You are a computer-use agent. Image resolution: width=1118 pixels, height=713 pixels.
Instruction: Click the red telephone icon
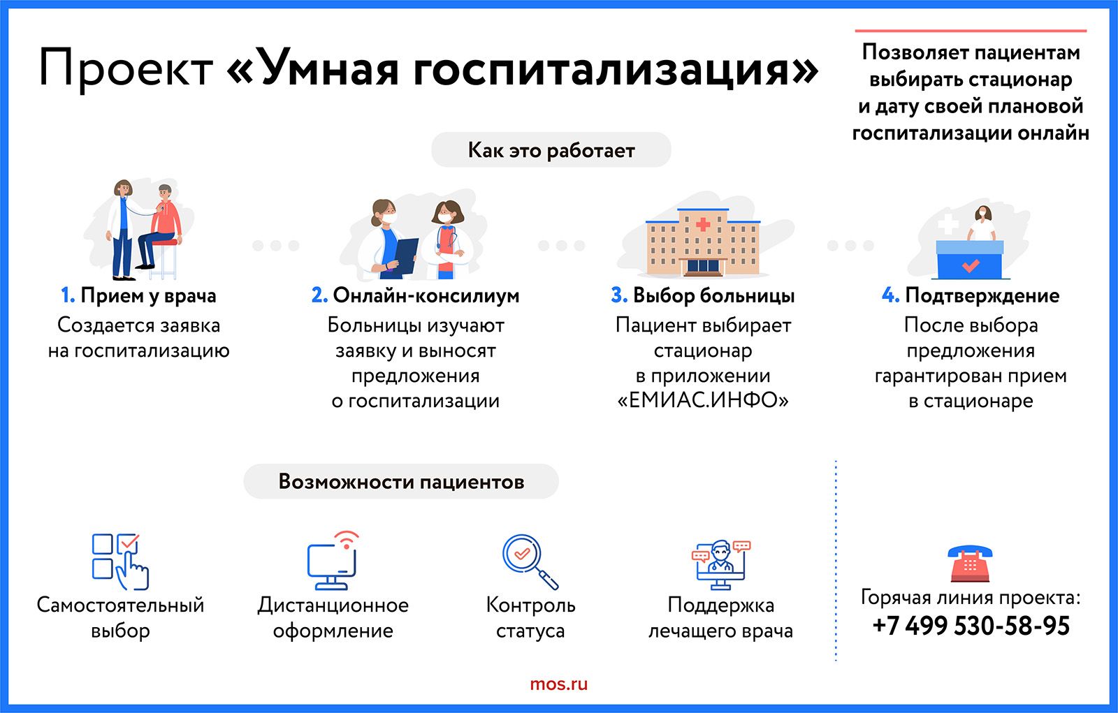970,564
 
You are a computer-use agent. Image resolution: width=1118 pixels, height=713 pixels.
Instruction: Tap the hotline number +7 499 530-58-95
971,626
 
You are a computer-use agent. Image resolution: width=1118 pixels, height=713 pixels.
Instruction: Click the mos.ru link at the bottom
558,684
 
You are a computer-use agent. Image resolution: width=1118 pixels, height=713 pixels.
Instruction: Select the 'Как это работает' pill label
551,149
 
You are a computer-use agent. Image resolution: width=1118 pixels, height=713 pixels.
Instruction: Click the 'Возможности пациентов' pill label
401,481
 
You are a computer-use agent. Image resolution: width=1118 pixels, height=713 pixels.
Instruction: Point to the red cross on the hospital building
703,224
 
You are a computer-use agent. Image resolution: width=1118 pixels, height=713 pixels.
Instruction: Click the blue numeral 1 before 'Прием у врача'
67,295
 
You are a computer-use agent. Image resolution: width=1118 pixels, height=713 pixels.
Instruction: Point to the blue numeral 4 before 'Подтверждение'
890,295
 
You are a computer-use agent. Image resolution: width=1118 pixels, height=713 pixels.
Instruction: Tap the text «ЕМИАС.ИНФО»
703,400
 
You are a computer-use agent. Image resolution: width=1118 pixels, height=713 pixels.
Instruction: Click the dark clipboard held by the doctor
406,256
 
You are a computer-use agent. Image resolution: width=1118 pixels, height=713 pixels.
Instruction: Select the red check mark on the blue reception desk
971,265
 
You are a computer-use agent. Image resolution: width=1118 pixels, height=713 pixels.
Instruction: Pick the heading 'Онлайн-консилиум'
426,295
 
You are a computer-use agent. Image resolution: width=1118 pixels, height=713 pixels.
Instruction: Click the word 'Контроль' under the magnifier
530,605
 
